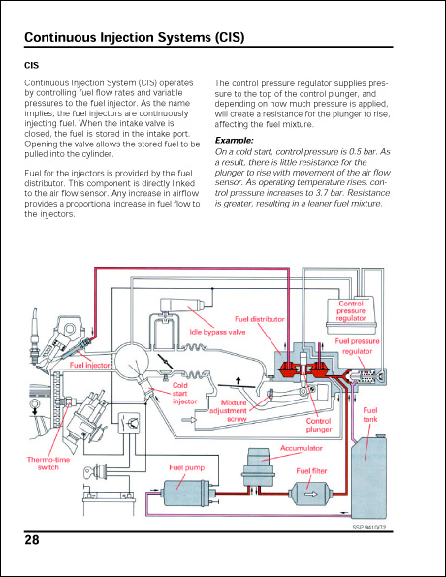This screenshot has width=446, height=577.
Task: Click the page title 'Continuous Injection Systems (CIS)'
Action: (133, 38)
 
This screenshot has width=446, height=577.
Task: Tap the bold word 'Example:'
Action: (234, 142)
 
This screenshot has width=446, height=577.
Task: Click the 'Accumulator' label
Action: (302, 448)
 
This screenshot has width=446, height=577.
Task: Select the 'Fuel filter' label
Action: (316, 471)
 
